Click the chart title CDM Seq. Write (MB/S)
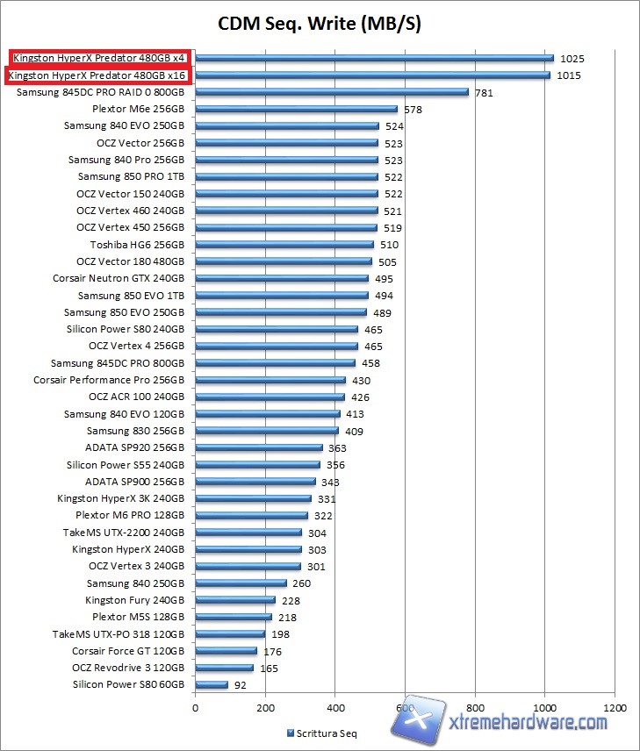[320, 24]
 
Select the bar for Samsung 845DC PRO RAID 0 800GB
[332, 92]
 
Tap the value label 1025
[572, 59]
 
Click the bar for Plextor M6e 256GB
[296, 109]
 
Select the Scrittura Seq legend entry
[322, 733]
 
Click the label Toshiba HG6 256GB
[137, 245]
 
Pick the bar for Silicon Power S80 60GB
[212, 684]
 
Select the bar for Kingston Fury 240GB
[235, 600]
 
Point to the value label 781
[484, 93]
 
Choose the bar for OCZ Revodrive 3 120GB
[224, 668]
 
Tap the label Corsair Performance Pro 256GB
[109, 381]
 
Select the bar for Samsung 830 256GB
[267, 431]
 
